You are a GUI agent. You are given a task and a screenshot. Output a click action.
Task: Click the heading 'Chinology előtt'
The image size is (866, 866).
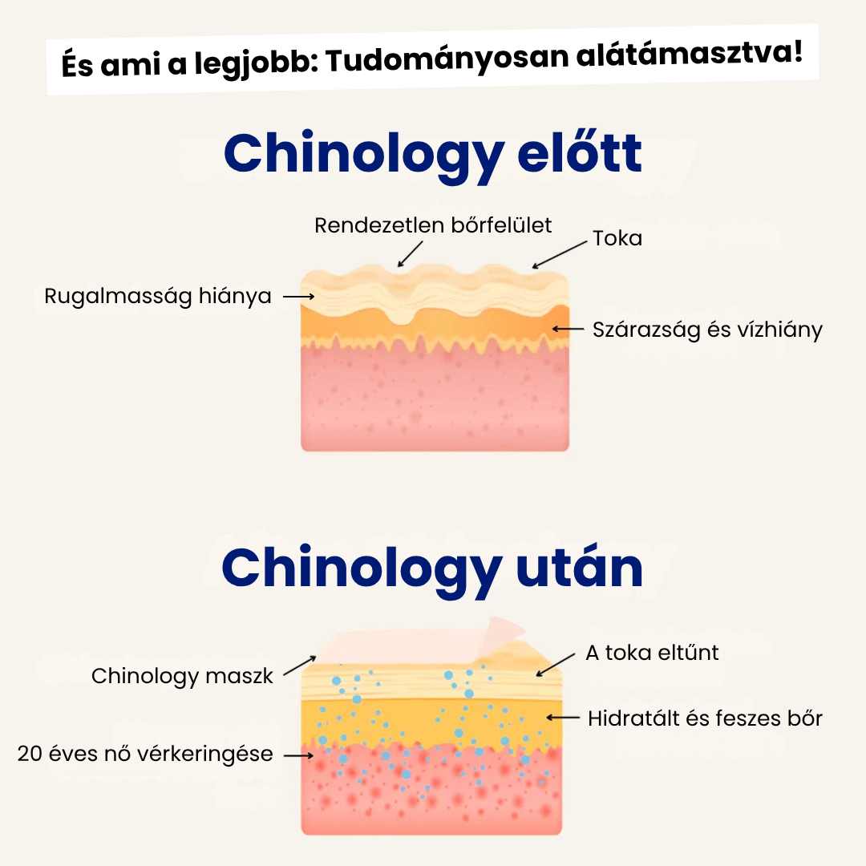tap(433, 154)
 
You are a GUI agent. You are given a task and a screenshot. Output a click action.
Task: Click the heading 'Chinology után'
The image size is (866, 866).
tap(433, 568)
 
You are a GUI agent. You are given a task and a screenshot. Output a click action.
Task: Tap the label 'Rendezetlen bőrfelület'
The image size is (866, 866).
tap(433, 225)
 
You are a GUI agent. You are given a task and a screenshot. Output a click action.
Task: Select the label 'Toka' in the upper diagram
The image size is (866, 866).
tap(617, 238)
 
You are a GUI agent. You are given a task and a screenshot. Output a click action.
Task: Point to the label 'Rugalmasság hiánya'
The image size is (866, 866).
tap(158, 297)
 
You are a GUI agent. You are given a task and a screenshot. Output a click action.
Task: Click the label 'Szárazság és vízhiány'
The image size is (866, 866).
tap(707, 330)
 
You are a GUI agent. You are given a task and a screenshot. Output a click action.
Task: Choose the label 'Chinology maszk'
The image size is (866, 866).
tap(182, 676)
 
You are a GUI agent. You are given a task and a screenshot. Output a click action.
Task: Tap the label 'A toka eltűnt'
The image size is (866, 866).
tap(652, 653)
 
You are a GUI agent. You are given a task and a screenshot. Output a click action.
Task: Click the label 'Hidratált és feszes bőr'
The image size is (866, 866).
tap(705, 718)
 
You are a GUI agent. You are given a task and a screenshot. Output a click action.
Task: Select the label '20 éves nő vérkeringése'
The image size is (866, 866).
tap(145, 754)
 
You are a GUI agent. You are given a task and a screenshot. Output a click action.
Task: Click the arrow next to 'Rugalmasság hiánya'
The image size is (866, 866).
tap(298, 297)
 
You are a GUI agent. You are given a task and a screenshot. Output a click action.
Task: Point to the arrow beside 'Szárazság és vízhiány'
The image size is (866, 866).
tap(568, 329)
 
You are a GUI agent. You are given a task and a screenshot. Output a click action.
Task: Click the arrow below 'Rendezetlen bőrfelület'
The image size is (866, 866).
tap(410, 254)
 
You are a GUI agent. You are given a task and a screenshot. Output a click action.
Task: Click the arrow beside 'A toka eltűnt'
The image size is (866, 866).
tap(555, 665)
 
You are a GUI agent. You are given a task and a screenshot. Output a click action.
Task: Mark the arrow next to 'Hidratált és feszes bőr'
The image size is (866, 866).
tap(562, 718)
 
